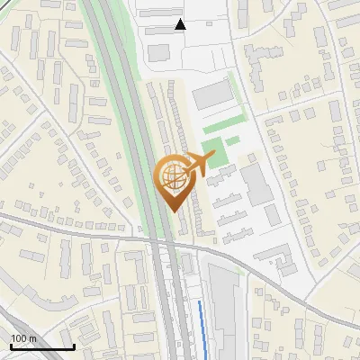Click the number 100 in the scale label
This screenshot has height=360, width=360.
pyautogui.click(x=20, y=338)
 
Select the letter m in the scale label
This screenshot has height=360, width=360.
pyautogui.click(x=32, y=338)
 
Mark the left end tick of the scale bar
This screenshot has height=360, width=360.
pyautogui.click(x=11, y=346)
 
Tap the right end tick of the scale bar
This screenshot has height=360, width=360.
pyautogui.click(x=74, y=346)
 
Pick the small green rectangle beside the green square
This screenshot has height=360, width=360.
pyautogui.click(x=232, y=140)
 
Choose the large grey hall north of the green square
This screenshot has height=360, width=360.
pyautogui.click(x=212, y=95)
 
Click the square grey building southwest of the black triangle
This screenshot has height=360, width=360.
pyautogui.click(x=158, y=53)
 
